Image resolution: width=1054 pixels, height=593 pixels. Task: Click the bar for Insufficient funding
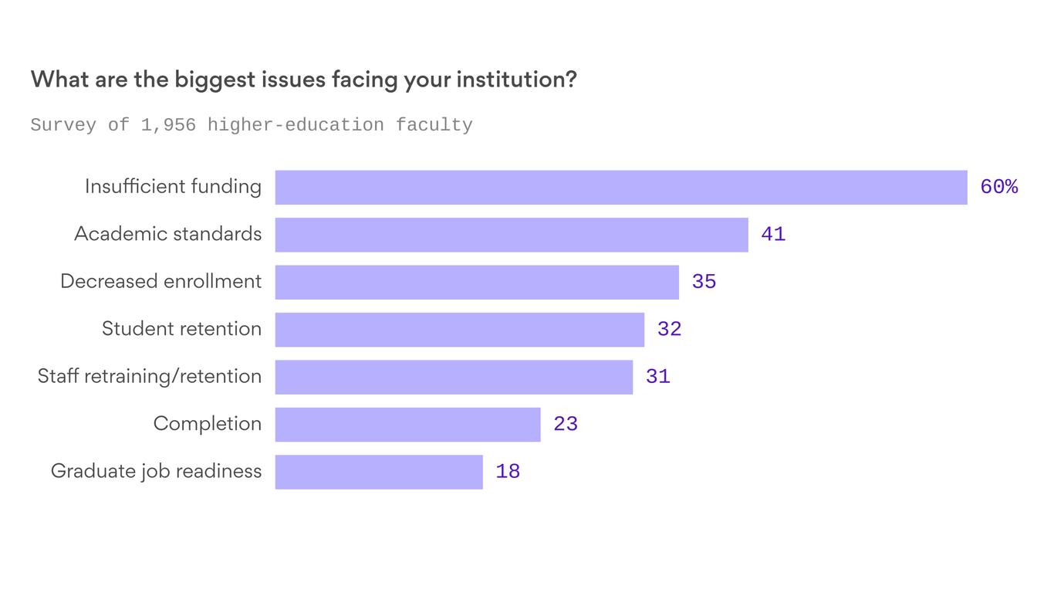(x=621, y=188)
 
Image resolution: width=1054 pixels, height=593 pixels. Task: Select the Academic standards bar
(x=512, y=235)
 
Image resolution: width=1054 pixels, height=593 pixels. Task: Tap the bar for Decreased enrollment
(x=477, y=283)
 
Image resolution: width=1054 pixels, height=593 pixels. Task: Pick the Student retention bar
(x=460, y=330)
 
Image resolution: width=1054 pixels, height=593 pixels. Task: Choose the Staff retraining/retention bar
(x=454, y=378)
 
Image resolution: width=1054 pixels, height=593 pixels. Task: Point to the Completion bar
(x=407, y=425)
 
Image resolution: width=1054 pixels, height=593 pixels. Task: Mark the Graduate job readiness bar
(x=379, y=472)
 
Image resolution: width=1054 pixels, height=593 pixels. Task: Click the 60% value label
(x=998, y=187)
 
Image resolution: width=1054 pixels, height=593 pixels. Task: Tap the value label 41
(x=773, y=235)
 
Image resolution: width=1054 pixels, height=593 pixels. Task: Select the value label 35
(x=704, y=282)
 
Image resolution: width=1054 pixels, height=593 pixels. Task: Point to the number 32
(x=669, y=330)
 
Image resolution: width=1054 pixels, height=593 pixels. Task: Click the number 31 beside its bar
(x=657, y=377)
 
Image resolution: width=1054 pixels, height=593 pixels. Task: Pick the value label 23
(x=566, y=425)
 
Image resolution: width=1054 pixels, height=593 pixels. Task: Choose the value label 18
(x=508, y=472)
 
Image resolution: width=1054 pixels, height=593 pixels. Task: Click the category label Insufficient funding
(x=173, y=187)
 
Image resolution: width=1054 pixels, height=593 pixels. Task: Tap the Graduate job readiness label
(x=156, y=471)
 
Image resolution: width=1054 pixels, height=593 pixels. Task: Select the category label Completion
(x=207, y=424)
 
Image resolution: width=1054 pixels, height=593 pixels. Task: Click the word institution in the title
(x=510, y=80)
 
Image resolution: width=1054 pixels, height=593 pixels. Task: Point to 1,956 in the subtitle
(x=168, y=125)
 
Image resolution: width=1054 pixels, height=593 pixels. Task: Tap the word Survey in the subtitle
(x=63, y=125)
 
